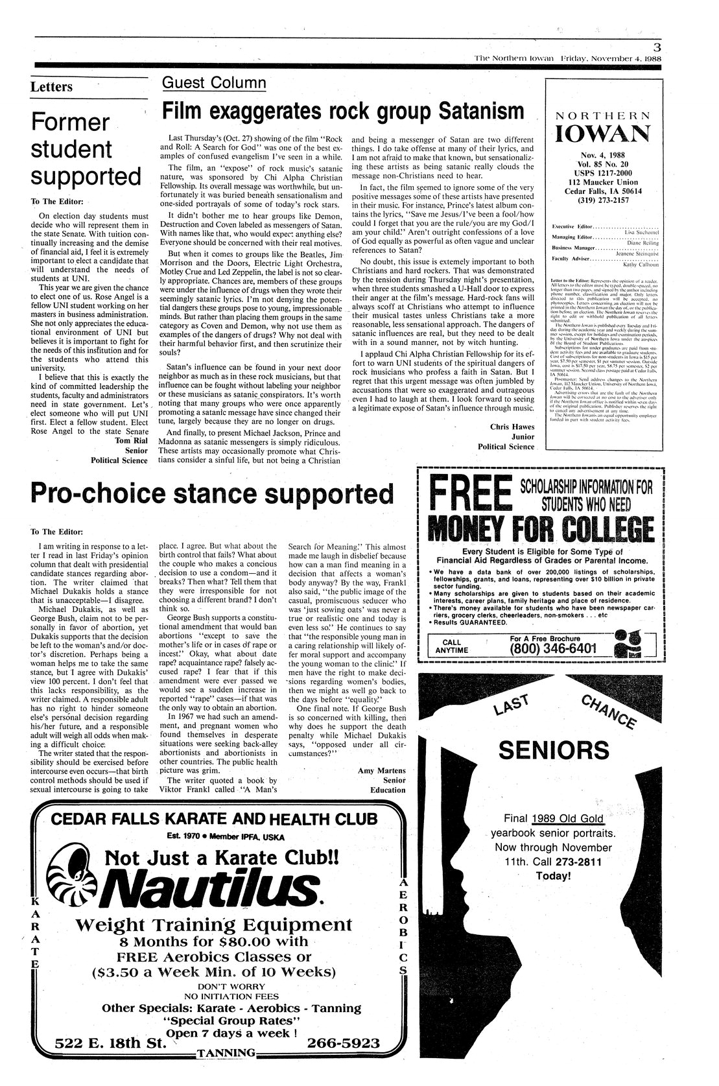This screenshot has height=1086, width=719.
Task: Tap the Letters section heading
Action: (x=52, y=88)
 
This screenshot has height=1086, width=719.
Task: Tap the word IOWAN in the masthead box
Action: (x=603, y=133)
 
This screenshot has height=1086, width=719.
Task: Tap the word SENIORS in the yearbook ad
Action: (x=554, y=750)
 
